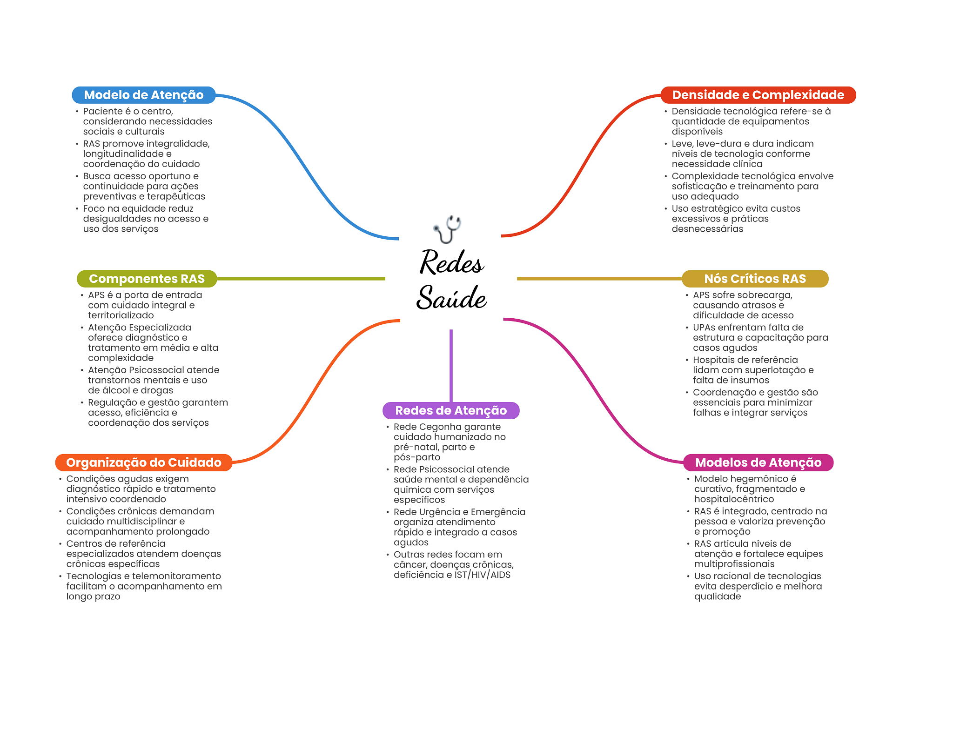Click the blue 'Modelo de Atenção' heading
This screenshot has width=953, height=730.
(144, 95)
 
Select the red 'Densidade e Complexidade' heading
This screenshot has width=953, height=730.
(758, 95)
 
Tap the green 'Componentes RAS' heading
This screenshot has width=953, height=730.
(147, 279)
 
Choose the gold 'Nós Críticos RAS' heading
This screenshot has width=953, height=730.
(755, 279)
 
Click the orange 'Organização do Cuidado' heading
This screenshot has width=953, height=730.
(144, 462)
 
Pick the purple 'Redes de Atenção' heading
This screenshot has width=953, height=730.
(451, 410)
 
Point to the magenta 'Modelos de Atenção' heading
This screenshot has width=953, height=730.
(758, 462)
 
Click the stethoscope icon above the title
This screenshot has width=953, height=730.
(447, 229)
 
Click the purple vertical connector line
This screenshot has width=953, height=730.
(451, 366)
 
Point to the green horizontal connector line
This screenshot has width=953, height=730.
(301, 279)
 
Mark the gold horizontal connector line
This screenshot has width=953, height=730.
(600, 279)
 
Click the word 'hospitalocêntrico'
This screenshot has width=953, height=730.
(734, 499)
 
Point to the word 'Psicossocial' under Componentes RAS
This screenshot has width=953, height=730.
(158, 370)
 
